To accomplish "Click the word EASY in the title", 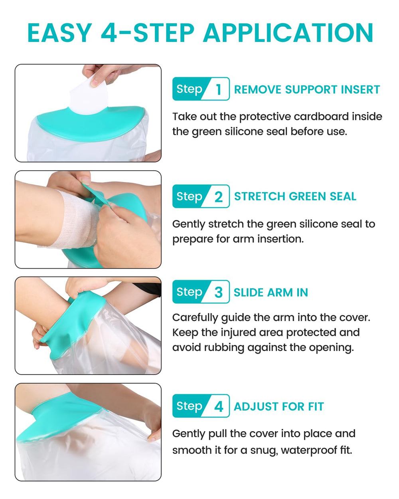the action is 60,33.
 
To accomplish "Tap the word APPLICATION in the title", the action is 288,33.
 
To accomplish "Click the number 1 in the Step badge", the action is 218,89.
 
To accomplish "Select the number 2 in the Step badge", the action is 218,197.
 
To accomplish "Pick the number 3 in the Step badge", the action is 218,292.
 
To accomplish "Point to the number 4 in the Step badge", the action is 218,406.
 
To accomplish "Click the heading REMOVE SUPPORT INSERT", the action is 307,89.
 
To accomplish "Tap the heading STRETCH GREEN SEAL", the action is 295,196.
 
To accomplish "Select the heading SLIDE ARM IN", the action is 271,292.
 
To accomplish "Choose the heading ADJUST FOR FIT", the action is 279,406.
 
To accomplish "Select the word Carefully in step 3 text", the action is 195,317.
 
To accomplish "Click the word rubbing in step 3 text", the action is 224,348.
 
